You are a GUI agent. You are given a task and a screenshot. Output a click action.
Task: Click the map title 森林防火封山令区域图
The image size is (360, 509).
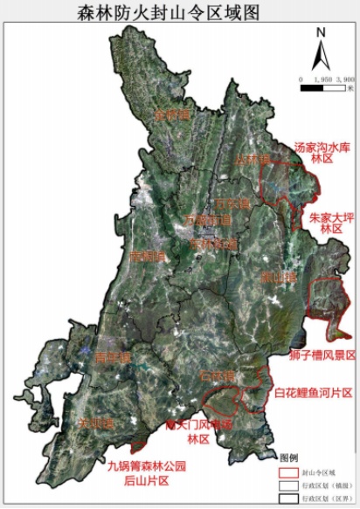click(x=179, y=12)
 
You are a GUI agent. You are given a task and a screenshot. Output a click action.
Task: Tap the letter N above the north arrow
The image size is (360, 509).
click(x=321, y=33)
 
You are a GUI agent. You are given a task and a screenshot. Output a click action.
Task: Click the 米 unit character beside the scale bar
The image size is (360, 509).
click(x=350, y=86)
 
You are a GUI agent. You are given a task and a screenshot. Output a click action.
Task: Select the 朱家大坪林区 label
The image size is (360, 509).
click(x=324, y=221)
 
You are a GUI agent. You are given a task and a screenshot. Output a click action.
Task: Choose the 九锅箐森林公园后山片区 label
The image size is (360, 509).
click(x=148, y=472)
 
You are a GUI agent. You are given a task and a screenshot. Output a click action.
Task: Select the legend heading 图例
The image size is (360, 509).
click(x=289, y=457)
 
